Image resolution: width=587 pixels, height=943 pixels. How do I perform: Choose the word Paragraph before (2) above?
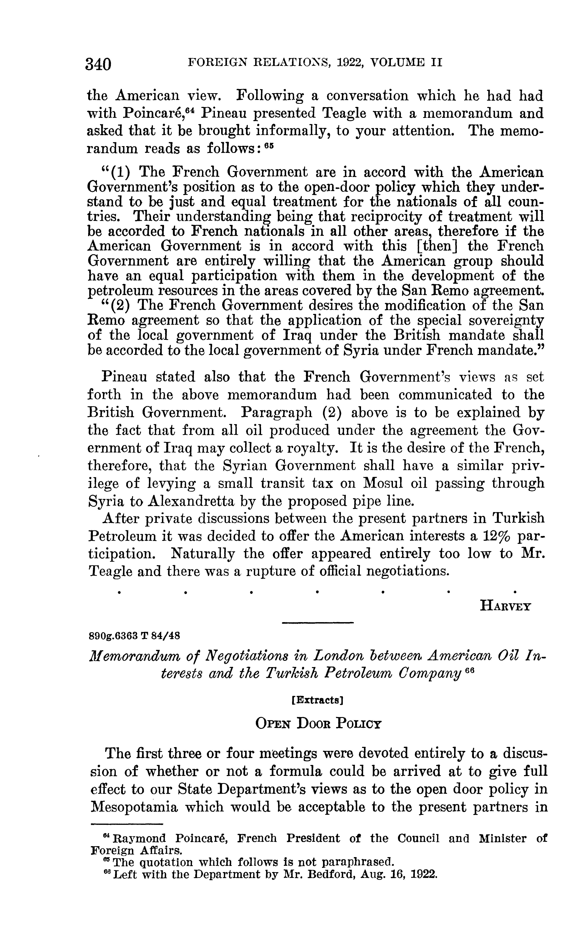(276, 412)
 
